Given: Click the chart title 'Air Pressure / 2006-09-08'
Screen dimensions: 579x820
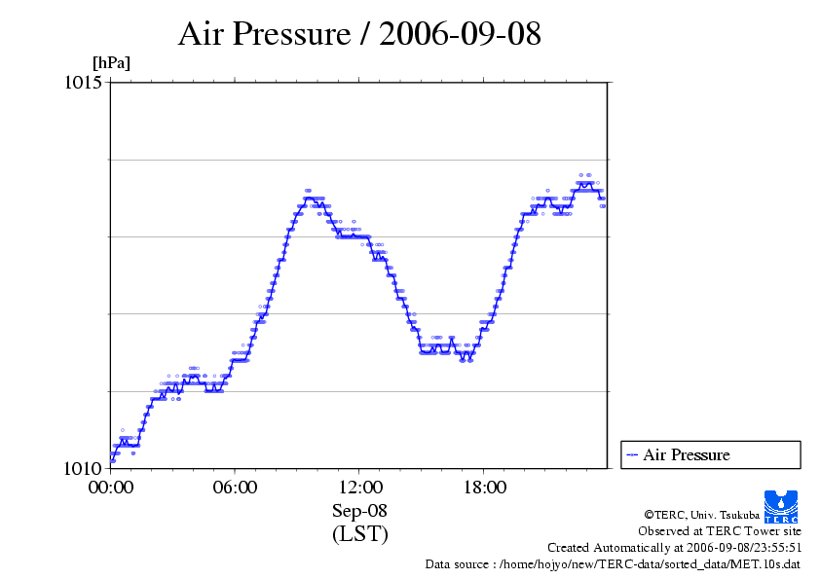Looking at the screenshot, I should click(359, 34).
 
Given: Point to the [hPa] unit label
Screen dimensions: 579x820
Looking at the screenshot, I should click(111, 63).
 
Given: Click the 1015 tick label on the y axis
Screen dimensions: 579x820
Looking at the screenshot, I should click(83, 83).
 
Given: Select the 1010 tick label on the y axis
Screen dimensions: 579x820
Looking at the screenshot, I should click(83, 468).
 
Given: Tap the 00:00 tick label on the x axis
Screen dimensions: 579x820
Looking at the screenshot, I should click(111, 488).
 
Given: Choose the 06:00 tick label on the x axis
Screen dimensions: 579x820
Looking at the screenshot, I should click(235, 488).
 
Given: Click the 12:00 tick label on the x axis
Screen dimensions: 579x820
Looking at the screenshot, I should click(359, 488).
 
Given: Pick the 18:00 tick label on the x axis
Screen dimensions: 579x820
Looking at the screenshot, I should click(484, 488).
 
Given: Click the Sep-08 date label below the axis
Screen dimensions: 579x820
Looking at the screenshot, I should click(359, 512).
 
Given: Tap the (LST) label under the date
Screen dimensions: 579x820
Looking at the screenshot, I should click(359, 534).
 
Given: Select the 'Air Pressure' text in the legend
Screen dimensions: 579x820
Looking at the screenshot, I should click(686, 454).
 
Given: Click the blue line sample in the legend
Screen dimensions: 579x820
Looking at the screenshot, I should click(632, 454).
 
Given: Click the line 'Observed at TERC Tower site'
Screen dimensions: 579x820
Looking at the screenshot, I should click(720, 531).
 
